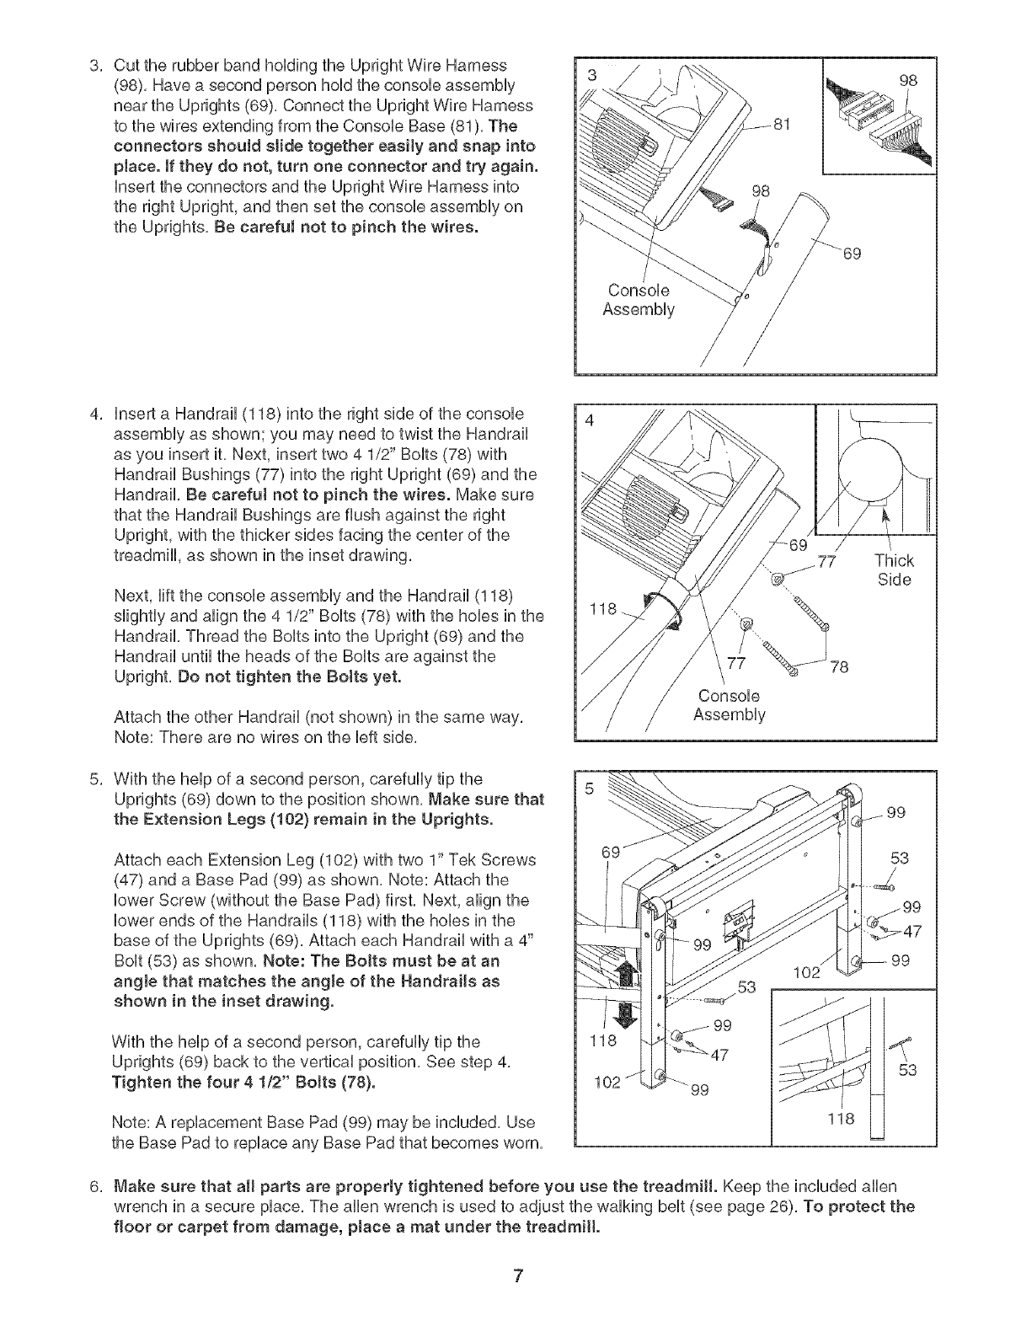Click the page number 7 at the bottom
point(518,1275)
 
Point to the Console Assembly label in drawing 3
point(639,299)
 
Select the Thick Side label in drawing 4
point(894,569)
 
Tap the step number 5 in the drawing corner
point(590,789)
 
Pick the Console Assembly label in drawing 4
point(729,706)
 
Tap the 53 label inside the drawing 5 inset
point(906,1071)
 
